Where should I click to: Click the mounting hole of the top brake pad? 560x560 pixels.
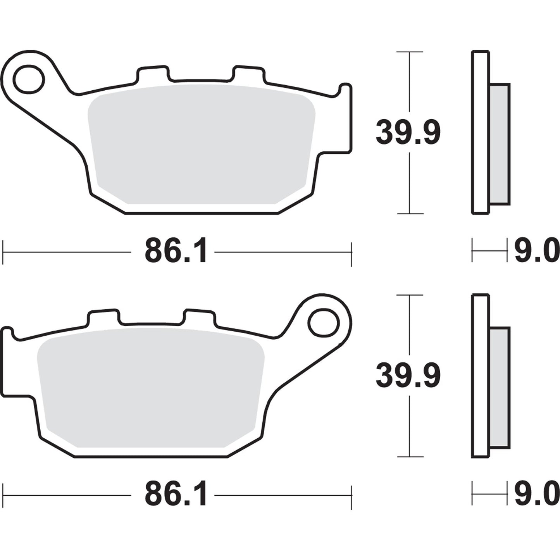[29, 79]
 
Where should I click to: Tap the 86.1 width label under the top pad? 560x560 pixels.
[176, 252]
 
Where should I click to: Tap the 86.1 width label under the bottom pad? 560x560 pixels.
[176, 495]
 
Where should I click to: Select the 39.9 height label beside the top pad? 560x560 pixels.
[408, 133]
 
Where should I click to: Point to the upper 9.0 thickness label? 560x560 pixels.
[536, 252]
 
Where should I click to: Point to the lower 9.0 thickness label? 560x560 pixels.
[536, 495]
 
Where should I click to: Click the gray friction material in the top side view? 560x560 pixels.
[499, 144]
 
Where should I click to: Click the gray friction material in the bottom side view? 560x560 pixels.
[499, 387]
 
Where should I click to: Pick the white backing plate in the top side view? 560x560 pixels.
[481, 132]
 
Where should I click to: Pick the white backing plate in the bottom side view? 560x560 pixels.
[481, 376]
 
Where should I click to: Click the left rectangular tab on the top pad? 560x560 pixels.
[153, 74]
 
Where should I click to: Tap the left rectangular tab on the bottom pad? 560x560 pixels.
[103, 317]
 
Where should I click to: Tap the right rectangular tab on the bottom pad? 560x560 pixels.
[199, 317]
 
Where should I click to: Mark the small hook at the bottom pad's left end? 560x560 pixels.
[8, 333]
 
